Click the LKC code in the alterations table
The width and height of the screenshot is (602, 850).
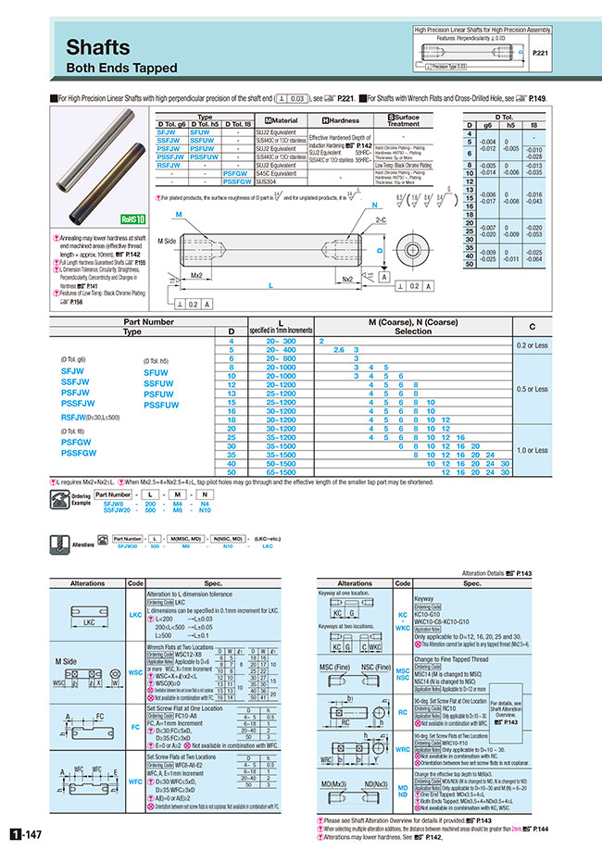[135, 613]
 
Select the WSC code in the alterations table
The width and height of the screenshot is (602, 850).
[135, 671]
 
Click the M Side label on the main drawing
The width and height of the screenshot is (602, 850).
[167, 241]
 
